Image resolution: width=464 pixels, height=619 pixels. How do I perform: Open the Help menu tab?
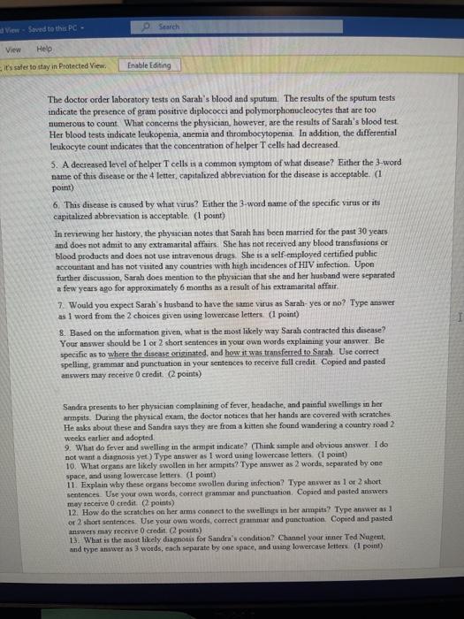tap(43, 49)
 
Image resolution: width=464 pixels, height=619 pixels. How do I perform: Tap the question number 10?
tap(57, 470)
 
